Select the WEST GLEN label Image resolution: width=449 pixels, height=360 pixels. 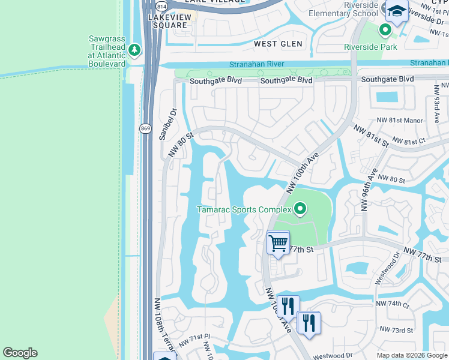[x=274, y=44]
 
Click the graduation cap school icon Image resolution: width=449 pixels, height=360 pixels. [x=396, y=11]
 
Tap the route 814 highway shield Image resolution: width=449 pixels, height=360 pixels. [x=161, y=6]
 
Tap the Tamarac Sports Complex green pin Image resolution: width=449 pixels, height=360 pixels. [x=300, y=209]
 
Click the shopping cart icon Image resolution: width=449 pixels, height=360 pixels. [x=278, y=243]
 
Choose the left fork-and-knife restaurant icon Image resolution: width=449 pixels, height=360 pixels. [x=288, y=307]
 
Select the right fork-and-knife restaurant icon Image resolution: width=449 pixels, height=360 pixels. [x=309, y=323]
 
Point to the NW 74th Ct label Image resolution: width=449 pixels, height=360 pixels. [x=393, y=304]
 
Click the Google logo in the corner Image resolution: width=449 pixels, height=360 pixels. [x=20, y=353]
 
